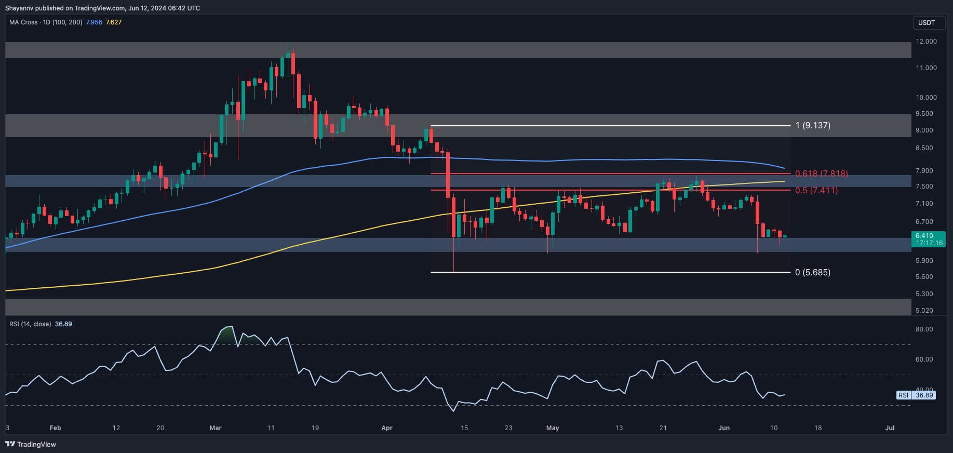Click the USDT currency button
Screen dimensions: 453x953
point(927,22)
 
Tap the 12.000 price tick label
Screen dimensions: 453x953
point(927,42)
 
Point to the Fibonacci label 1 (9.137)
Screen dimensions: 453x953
point(813,125)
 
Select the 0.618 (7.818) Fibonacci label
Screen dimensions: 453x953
point(821,174)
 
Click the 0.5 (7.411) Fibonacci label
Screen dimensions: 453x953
point(816,190)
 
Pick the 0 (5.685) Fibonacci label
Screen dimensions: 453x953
point(813,272)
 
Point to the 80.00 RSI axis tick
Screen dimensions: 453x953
point(925,329)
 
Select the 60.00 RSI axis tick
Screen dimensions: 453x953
point(925,359)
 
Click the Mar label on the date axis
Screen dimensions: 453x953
point(216,428)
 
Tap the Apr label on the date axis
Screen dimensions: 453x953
point(387,428)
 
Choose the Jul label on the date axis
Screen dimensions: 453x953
point(890,428)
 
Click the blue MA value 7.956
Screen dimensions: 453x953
point(94,22)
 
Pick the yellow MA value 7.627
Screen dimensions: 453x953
point(114,22)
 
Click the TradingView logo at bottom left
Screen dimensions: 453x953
point(31,444)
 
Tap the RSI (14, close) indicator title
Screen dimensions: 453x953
point(30,324)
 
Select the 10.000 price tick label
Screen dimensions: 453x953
point(927,98)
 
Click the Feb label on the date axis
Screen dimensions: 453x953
point(55,428)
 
